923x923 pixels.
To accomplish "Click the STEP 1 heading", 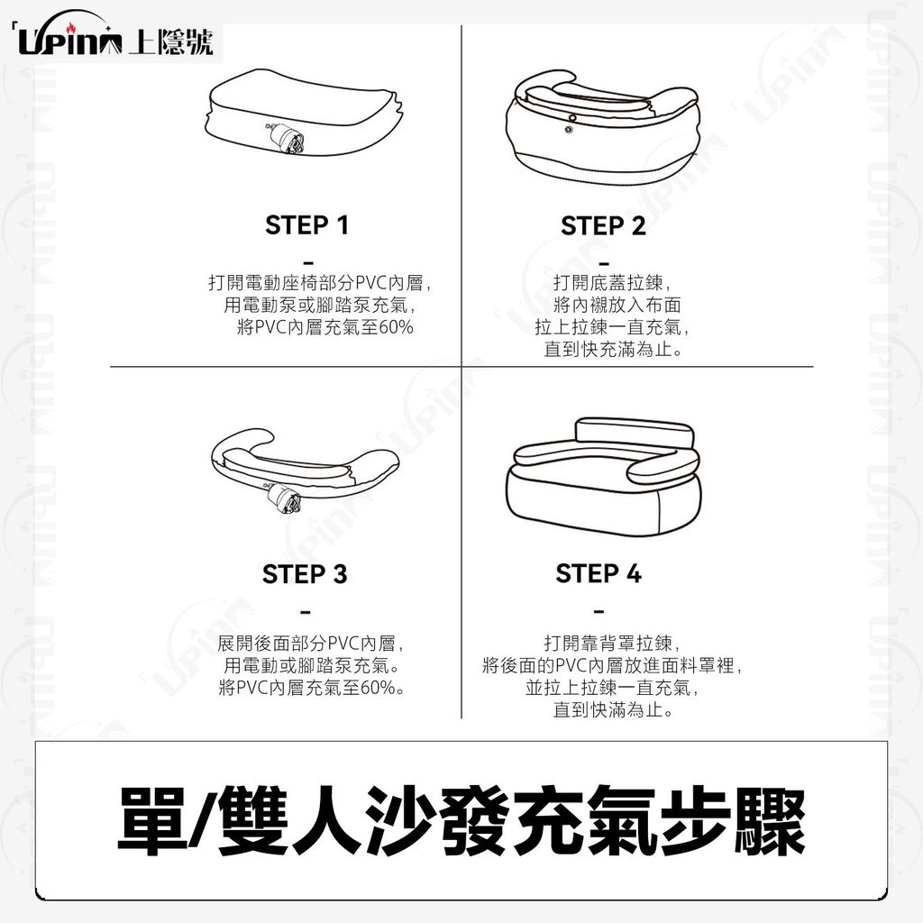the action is click(x=306, y=224).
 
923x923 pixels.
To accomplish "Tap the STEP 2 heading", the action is click(x=603, y=225).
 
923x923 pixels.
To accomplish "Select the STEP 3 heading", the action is click(x=305, y=574).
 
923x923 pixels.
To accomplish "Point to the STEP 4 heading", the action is click(x=599, y=573).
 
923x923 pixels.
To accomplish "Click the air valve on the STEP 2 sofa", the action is click(x=571, y=124).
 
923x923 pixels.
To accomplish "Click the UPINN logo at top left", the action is click(x=69, y=40).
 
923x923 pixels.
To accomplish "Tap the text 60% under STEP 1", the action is click(x=397, y=326).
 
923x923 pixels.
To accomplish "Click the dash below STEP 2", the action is click(x=603, y=263).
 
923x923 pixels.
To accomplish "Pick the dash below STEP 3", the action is click(x=305, y=613).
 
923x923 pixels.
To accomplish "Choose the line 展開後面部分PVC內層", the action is click(x=310, y=643).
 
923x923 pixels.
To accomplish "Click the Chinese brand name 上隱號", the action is click(x=170, y=41).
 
